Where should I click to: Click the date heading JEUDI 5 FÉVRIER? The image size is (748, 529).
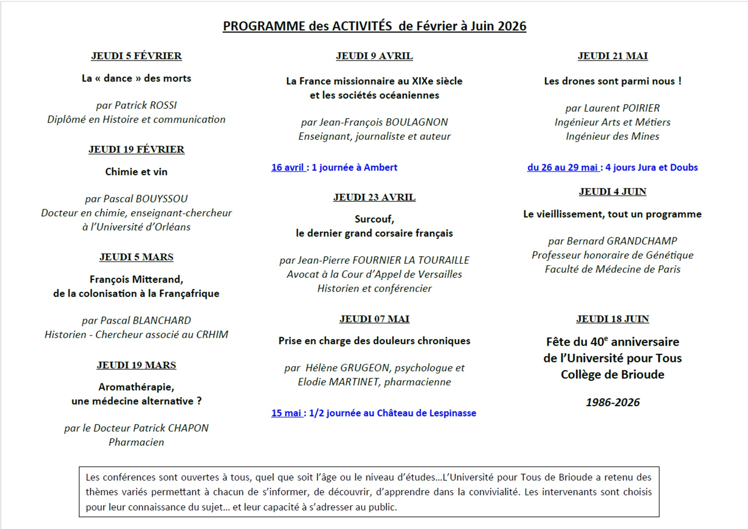[136, 56]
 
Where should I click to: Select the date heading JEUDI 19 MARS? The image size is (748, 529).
[136, 365]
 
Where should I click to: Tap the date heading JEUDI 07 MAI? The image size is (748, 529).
[374, 319]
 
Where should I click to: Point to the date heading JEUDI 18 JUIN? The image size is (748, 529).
[612, 319]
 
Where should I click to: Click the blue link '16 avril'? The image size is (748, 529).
[288, 168]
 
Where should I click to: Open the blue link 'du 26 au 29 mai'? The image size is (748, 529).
[562, 168]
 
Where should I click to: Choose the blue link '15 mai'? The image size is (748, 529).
[286, 413]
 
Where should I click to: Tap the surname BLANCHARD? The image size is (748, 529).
[162, 321]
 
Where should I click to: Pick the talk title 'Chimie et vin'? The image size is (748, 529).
[136, 172]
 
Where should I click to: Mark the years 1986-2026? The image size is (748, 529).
[612, 402]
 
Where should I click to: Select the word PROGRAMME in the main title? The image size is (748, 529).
[264, 26]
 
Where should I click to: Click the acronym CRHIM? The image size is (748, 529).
[212, 335]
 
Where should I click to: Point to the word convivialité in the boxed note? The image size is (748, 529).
[494, 492]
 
